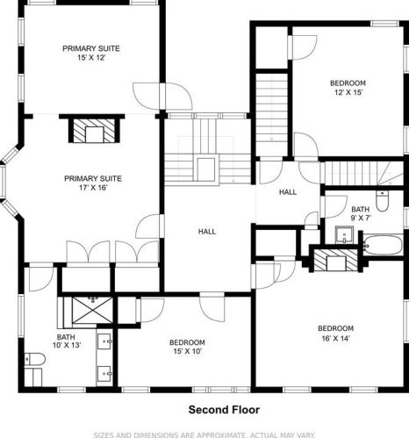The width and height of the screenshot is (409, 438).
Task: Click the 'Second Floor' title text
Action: tap(224, 410)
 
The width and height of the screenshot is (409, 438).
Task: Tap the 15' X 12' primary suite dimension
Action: tap(91, 58)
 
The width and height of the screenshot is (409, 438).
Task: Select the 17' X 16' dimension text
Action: tap(93, 188)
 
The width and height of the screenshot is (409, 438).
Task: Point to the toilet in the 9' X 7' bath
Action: tap(382, 201)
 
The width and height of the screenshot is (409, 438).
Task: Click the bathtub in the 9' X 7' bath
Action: tap(383, 245)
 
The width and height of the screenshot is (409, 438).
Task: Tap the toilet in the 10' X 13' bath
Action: tap(34, 359)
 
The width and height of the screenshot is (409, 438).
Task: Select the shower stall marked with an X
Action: tap(92, 310)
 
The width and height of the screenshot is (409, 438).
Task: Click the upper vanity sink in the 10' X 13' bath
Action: tap(104, 341)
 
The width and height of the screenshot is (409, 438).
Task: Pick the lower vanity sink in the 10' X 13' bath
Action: tap(104, 374)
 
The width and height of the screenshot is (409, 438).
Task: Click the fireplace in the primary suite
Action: tap(94, 131)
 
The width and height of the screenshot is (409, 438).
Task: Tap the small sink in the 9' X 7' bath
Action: tap(344, 234)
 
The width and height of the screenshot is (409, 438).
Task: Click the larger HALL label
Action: tap(207, 232)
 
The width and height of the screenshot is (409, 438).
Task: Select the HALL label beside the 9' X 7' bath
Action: tap(288, 192)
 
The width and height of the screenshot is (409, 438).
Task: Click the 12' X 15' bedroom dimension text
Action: tap(348, 93)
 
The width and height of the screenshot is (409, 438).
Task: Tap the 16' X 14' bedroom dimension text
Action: tap(336, 339)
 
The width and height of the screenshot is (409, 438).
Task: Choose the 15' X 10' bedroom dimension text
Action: tap(187, 351)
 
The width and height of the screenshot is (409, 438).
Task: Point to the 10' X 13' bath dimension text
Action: tap(67, 346)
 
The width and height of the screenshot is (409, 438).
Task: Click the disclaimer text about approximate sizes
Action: tap(204, 434)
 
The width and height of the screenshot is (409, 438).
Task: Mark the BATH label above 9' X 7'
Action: tap(360, 210)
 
